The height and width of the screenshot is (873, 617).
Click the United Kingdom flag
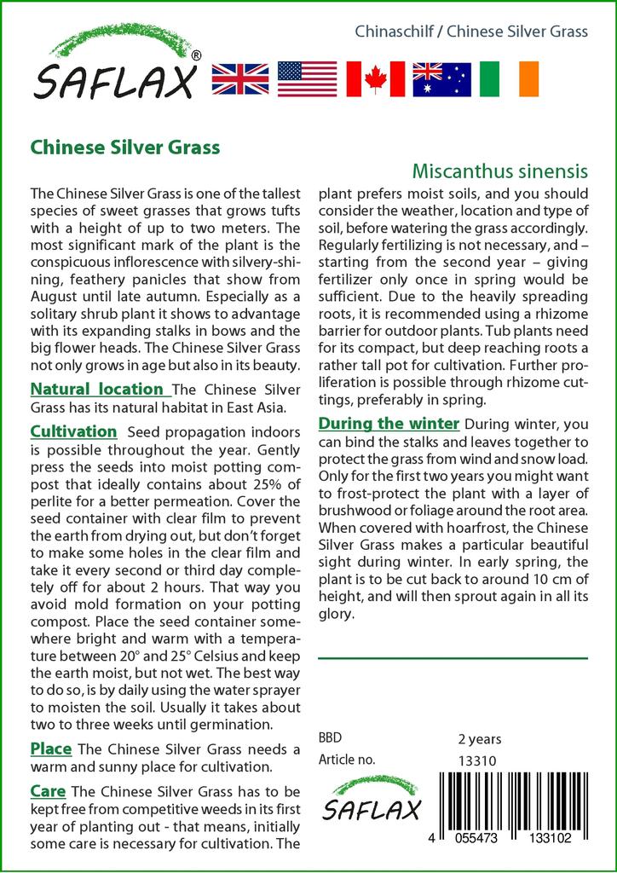239,78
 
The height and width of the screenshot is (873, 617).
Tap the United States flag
307,78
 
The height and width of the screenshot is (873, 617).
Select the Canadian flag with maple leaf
375,78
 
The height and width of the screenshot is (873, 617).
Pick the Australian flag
441,78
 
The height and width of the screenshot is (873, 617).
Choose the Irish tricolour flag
510,78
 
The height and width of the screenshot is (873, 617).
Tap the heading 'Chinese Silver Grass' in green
125,147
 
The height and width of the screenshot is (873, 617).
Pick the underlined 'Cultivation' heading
73,431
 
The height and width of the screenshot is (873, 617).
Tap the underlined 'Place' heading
50,749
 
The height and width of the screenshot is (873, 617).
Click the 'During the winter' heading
389,424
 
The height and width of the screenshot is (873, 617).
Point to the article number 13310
477,761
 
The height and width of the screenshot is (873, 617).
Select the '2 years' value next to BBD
480,739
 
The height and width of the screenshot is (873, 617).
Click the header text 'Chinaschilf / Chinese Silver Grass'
470,32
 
